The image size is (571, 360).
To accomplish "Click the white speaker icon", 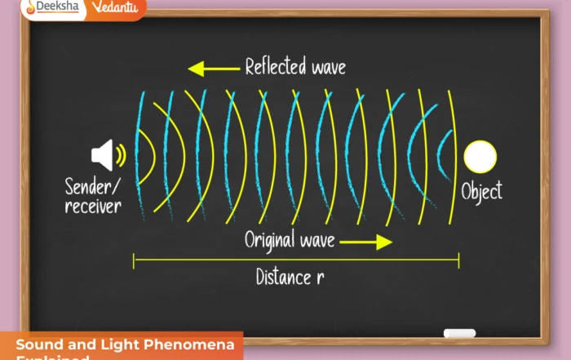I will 102,155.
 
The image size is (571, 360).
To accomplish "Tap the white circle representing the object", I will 480,157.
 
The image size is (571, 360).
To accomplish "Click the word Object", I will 481,192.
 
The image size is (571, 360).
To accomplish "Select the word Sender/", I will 91,186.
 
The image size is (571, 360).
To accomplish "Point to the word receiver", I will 93,206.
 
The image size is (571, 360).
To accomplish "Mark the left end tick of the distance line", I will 134,260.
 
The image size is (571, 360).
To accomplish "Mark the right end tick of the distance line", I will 458,260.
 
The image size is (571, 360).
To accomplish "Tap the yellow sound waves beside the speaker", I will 121,155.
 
